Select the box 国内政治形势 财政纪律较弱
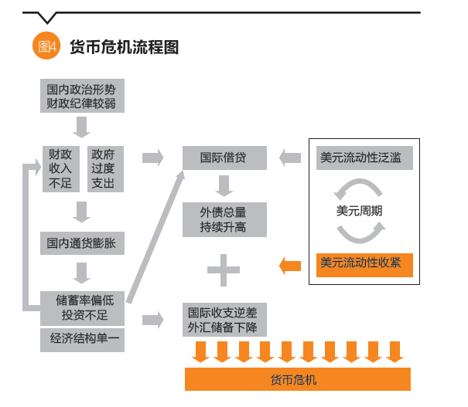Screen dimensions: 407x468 pos(81,96)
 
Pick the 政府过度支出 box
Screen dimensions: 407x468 pos(103,168)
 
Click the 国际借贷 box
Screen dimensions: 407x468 pos(224,158)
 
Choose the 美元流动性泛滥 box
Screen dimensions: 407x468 pos(360,158)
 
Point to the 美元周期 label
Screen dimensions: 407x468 pos(360,210)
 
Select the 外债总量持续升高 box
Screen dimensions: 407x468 pos(224,219)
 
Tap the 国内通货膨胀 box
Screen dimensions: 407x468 pos(81,244)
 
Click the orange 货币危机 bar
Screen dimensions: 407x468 pos(297,379)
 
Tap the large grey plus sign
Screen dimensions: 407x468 pos(224,270)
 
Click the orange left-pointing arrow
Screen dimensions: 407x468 pos(291,266)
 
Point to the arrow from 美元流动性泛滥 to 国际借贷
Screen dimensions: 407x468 pos(290,158)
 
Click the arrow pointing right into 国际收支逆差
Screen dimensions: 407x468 pos(154,319)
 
